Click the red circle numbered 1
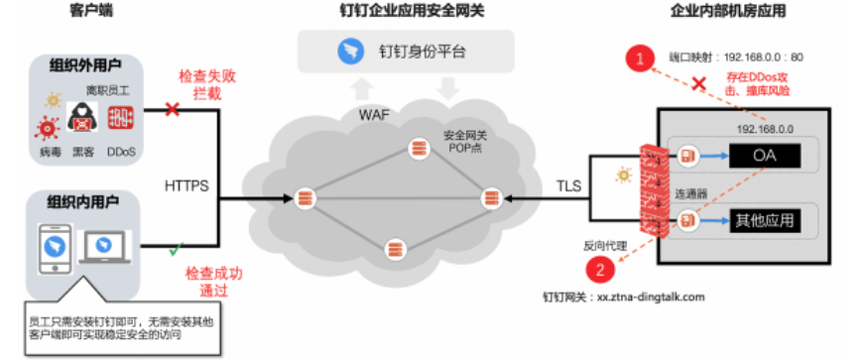click(x=640, y=59)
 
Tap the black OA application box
click(x=765, y=156)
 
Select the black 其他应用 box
click(x=765, y=221)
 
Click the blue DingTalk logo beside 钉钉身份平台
click(x=350, y=52)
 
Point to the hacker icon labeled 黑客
click(x=82, y=116)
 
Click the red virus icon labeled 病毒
click(x=47, y=128)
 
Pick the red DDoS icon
click(x=121, y=117)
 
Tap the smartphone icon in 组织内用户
click(x=55, y=249)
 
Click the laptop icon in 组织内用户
click(x=104, y=247)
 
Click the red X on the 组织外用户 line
click(x=173, y=109)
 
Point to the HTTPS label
click(x=186, y=186)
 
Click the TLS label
click(x=569, y=186)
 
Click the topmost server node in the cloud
click(x=419, y=149)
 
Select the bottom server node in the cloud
click(x=394, y=249)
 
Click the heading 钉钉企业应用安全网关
click(x=413, y=11)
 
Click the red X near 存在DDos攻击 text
click(x=698, y=83)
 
